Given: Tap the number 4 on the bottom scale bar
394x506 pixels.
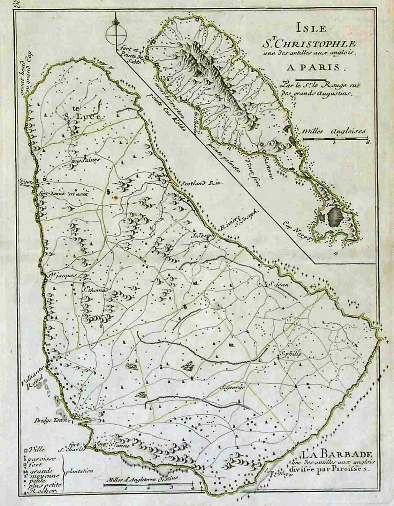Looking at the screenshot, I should coord(192,488).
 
